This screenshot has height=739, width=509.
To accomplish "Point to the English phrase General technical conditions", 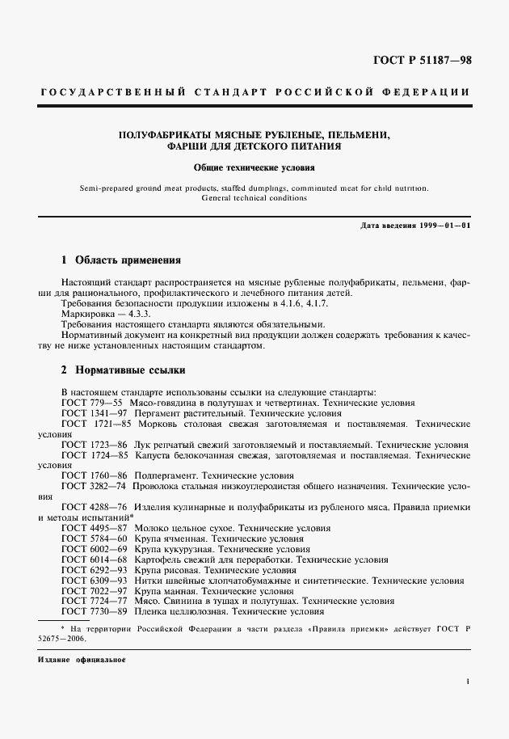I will coord(254,198).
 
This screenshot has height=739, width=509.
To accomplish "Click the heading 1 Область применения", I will coord(121,261).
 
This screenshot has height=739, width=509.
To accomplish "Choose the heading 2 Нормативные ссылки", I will coord(124,371).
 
